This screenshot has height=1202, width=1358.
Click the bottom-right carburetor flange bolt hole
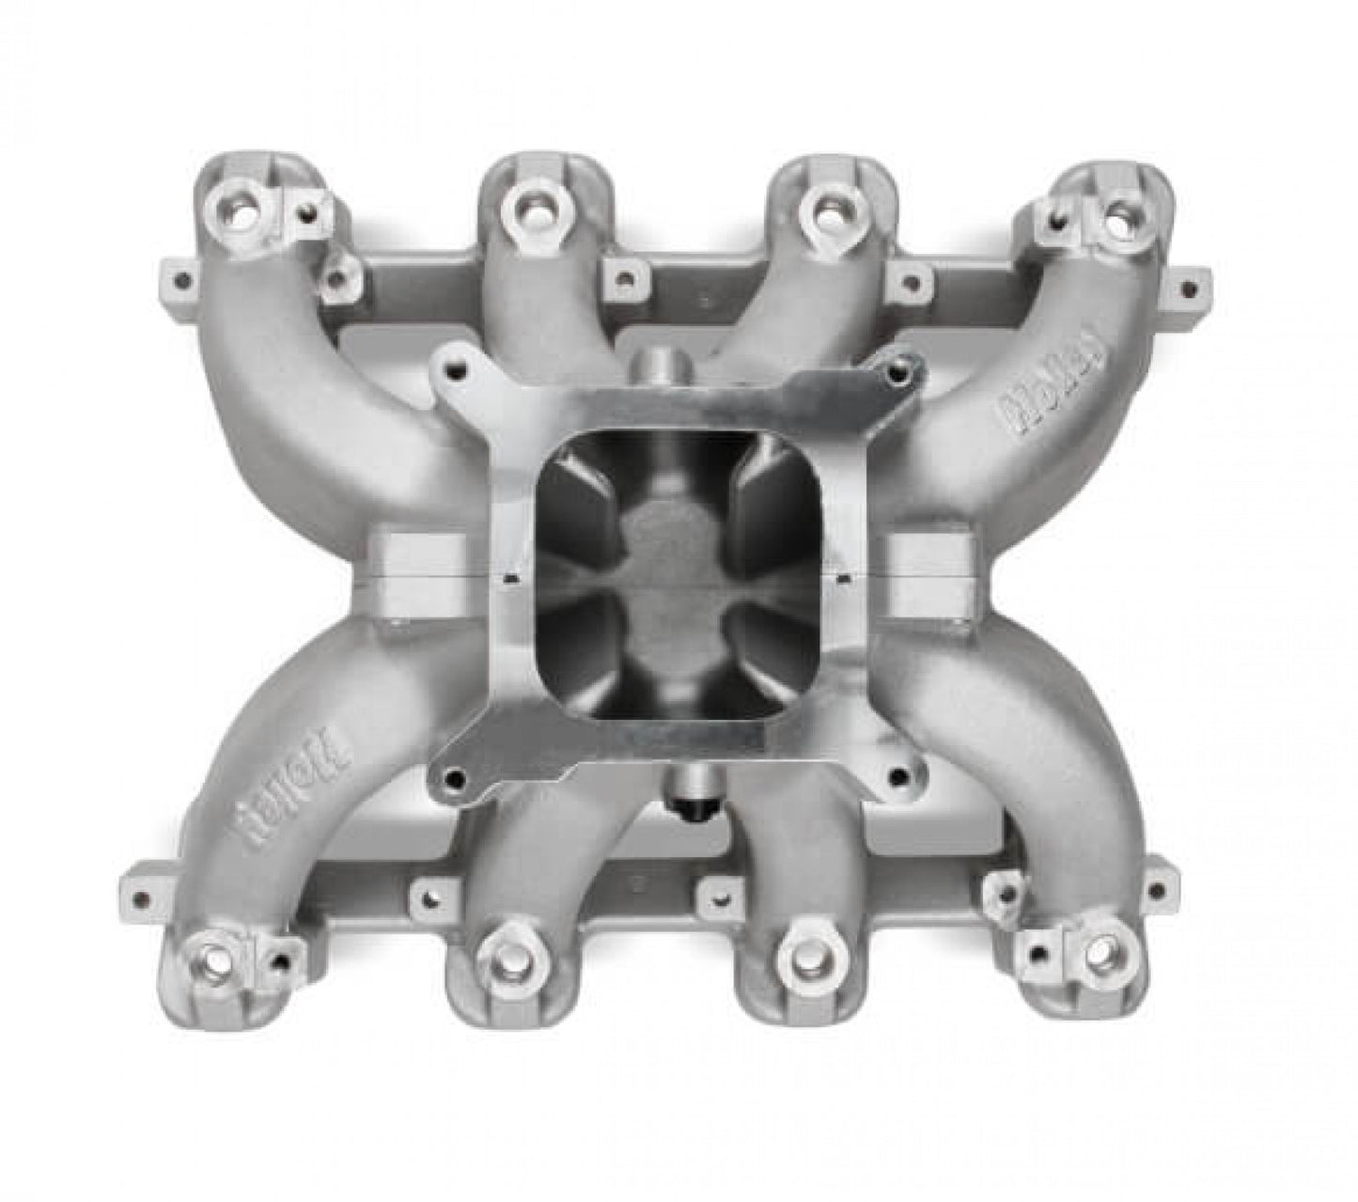[898, 775]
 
